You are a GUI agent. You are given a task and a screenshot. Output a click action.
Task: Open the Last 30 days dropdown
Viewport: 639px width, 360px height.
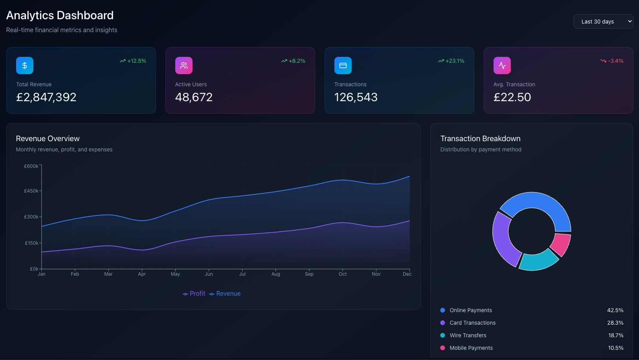pos(603,22)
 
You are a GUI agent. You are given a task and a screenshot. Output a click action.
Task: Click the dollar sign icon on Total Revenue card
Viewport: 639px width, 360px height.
pos(25,65)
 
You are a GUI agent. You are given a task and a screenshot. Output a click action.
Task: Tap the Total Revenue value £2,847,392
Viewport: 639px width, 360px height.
pos(46,97)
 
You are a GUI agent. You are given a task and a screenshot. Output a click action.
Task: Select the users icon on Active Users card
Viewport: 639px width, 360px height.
pos(184,65)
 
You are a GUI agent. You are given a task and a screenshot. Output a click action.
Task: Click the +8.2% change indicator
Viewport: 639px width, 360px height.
pos(293,61)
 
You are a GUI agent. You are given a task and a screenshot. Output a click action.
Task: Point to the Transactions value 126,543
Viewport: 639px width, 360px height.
pos(356,97)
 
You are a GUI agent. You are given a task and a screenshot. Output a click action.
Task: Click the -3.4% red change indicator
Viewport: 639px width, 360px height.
pos(612,61)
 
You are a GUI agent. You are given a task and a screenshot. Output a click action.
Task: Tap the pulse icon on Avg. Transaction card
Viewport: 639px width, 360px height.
pos(502,65)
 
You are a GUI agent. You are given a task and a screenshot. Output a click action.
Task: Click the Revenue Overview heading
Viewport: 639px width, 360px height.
pos(48,138)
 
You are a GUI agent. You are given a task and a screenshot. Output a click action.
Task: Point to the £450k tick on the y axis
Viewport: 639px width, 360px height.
pos(31,191)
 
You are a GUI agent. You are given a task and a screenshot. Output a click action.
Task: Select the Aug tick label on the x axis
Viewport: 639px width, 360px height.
pos(276,274)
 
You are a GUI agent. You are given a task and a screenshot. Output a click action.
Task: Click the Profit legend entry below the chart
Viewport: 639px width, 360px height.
pos(194,293)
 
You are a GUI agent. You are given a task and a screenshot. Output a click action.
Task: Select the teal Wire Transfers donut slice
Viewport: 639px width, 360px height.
pos(538,260)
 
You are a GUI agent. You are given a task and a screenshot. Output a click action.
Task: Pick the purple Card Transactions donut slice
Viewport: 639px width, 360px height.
pos(503,239)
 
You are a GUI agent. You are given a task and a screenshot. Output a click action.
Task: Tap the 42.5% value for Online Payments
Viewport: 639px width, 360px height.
pos(615,310)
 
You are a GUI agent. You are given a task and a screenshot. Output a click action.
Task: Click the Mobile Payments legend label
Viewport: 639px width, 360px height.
pos(471,348)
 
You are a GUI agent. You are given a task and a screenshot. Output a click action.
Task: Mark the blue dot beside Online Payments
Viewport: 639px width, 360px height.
pos(443,310)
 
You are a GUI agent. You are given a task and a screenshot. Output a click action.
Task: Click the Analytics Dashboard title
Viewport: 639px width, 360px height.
pos(60,15)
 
